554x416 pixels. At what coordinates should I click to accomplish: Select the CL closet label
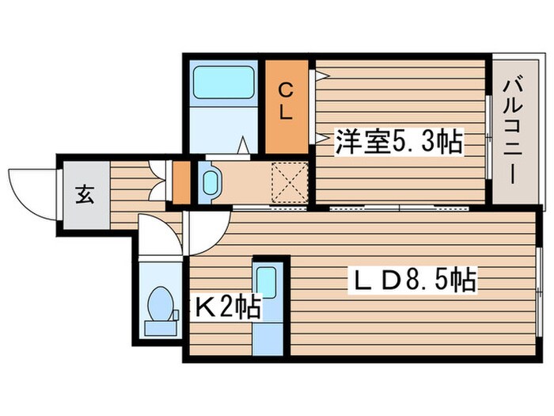[x=286, y=101]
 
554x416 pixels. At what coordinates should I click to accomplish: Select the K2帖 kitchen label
[x=228, y=305]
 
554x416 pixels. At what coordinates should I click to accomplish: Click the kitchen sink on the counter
[x=267, y=280]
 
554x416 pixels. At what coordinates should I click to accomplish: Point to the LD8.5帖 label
[x=414, y=280]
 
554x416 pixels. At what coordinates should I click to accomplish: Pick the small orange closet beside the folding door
[x=181, y=181]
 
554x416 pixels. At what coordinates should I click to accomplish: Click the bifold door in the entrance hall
[x=159, y=181]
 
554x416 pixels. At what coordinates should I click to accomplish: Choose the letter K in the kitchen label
[x=204, y=305]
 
